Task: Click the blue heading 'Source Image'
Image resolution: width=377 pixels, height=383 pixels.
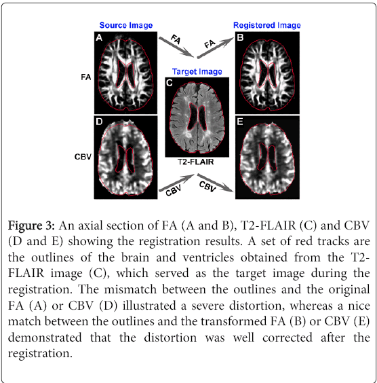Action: (126, 25)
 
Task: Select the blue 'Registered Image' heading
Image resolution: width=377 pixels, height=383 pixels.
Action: (266, 25)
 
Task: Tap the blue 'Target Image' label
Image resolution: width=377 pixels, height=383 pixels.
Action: (197, 71)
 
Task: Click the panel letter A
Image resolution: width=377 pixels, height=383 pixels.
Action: (99, 38)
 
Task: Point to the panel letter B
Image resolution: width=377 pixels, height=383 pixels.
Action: (240, 37)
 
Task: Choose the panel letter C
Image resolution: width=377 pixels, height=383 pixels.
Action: (170, 84)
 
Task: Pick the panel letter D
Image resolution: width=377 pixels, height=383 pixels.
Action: (99, 122)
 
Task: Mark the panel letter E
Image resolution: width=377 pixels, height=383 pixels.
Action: (240, 122)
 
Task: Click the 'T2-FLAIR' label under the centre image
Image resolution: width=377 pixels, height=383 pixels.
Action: (195, 162)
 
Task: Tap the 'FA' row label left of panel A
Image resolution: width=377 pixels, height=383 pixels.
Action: (86, 77)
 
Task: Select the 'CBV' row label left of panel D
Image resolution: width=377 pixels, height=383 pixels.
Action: (83, 157)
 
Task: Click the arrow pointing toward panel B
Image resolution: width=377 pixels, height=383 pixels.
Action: (216, 48)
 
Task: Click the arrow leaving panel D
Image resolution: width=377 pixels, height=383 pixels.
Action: (176, 183)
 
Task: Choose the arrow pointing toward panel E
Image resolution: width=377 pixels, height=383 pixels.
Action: (216, 183)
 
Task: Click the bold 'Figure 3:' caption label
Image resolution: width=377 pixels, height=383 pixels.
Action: (31, 225)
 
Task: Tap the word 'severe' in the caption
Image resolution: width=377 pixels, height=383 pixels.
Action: (207, 306)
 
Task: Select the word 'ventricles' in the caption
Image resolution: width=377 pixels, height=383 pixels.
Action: (208, 257)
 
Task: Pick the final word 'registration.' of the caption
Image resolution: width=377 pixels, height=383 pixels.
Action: (40, 354)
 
